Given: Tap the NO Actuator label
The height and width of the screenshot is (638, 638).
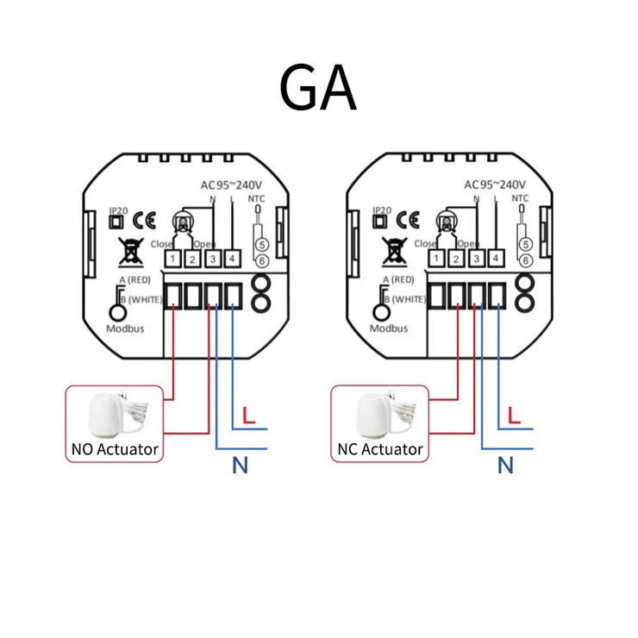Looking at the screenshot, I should [x=115, y=448].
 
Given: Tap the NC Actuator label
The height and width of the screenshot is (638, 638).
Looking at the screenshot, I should [x=379, y=448].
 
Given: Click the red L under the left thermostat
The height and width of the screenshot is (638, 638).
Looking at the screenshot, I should [x=248, y=415].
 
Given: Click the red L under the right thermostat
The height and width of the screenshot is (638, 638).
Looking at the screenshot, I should [x=514, y=415].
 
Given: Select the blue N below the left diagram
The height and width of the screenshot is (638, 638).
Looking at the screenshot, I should [x=241, y=466].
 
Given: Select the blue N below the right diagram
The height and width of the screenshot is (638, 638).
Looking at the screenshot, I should [x=506, y=466].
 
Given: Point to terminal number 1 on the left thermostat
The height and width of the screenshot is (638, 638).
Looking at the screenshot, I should [x=172, y=259].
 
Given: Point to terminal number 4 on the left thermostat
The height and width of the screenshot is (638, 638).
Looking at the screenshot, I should [x=231, y=259].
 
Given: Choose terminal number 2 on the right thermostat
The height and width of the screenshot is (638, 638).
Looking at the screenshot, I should [x=457, y=259].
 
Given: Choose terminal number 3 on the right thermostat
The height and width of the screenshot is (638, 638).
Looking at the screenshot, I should [x=477, y=259].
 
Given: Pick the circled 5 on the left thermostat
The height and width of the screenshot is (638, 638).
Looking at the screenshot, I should [x=260, y=244].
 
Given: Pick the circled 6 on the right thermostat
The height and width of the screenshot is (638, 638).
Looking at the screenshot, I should [x=525, y=260].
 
